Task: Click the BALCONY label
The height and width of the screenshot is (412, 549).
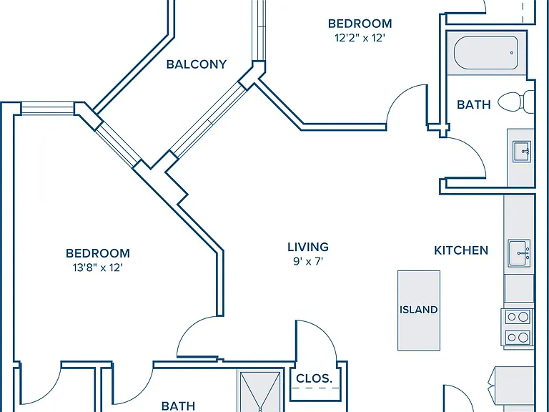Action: click(197, 64)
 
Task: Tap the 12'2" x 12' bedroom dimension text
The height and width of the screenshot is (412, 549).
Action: click(360, 38)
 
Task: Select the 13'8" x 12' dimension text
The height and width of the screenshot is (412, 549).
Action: click(98, 268)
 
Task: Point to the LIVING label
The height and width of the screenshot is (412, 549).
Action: click(308, 247)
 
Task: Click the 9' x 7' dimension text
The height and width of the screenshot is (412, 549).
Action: click(308, 261)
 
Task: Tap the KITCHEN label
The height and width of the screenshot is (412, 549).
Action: click(461, 250)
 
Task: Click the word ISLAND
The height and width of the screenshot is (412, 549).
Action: click(419, 310)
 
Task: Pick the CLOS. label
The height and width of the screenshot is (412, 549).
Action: click(314, 378)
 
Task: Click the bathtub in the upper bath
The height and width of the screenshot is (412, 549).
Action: click(486, 52)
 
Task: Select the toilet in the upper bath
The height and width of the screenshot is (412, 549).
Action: click(516, 102)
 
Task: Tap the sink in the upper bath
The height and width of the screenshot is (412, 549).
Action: click(522, 152)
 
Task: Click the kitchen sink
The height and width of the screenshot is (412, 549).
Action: click(519, 253)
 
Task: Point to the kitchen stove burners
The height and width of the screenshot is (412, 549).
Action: click(518, 327)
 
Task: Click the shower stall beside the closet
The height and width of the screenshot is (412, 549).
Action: click(260, 391)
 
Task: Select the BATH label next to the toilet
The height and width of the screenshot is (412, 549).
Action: click(474, 104)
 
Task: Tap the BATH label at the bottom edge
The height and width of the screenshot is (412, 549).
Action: click(178, 406)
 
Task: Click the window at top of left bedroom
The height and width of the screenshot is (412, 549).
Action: click(48, 108)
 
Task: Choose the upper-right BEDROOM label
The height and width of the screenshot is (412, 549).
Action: click(360, 24)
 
